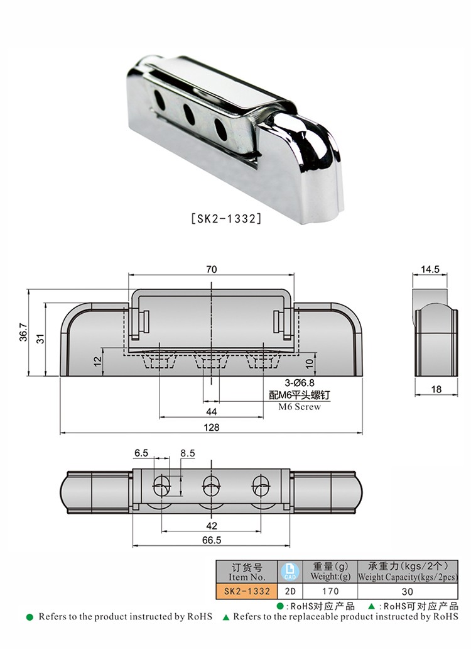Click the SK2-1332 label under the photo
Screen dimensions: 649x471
pyautogui.click(x=225, y=219)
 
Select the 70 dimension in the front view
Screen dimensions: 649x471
pyautogui.click(x=211, y=269)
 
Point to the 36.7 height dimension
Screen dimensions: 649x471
pyautogui.click(x=23, y=332)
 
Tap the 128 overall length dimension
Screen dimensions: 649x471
pyautogui.click(x=212, y=428)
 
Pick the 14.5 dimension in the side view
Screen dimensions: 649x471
pyautogui.click(x=430, y=270)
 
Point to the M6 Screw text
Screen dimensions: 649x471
pyautogui.click(x=299, y=407)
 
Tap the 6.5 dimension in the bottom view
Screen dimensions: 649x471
pyautogui.click(x=141, y=453)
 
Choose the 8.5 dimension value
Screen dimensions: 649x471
pyautogui.click(x=187, y=453)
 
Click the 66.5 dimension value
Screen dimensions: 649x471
pyautogui.click(x=211, y=540)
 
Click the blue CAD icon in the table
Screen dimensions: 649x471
pyautogui.click(x=289, y=571)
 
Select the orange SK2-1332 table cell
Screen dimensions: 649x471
pyautogui.click(x=245, y=591)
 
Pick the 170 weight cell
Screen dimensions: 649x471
pyautogui.click(x=330, y=591)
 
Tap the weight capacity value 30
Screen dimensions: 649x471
pyautogui.click(x=408, y=591)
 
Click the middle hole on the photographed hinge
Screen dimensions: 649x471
pyautogui.click(x=188, y=113)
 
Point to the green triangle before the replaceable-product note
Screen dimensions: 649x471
pyautogui.click(x=226, y=618)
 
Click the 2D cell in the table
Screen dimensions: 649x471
pyautogui.click(x=289, y=591)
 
